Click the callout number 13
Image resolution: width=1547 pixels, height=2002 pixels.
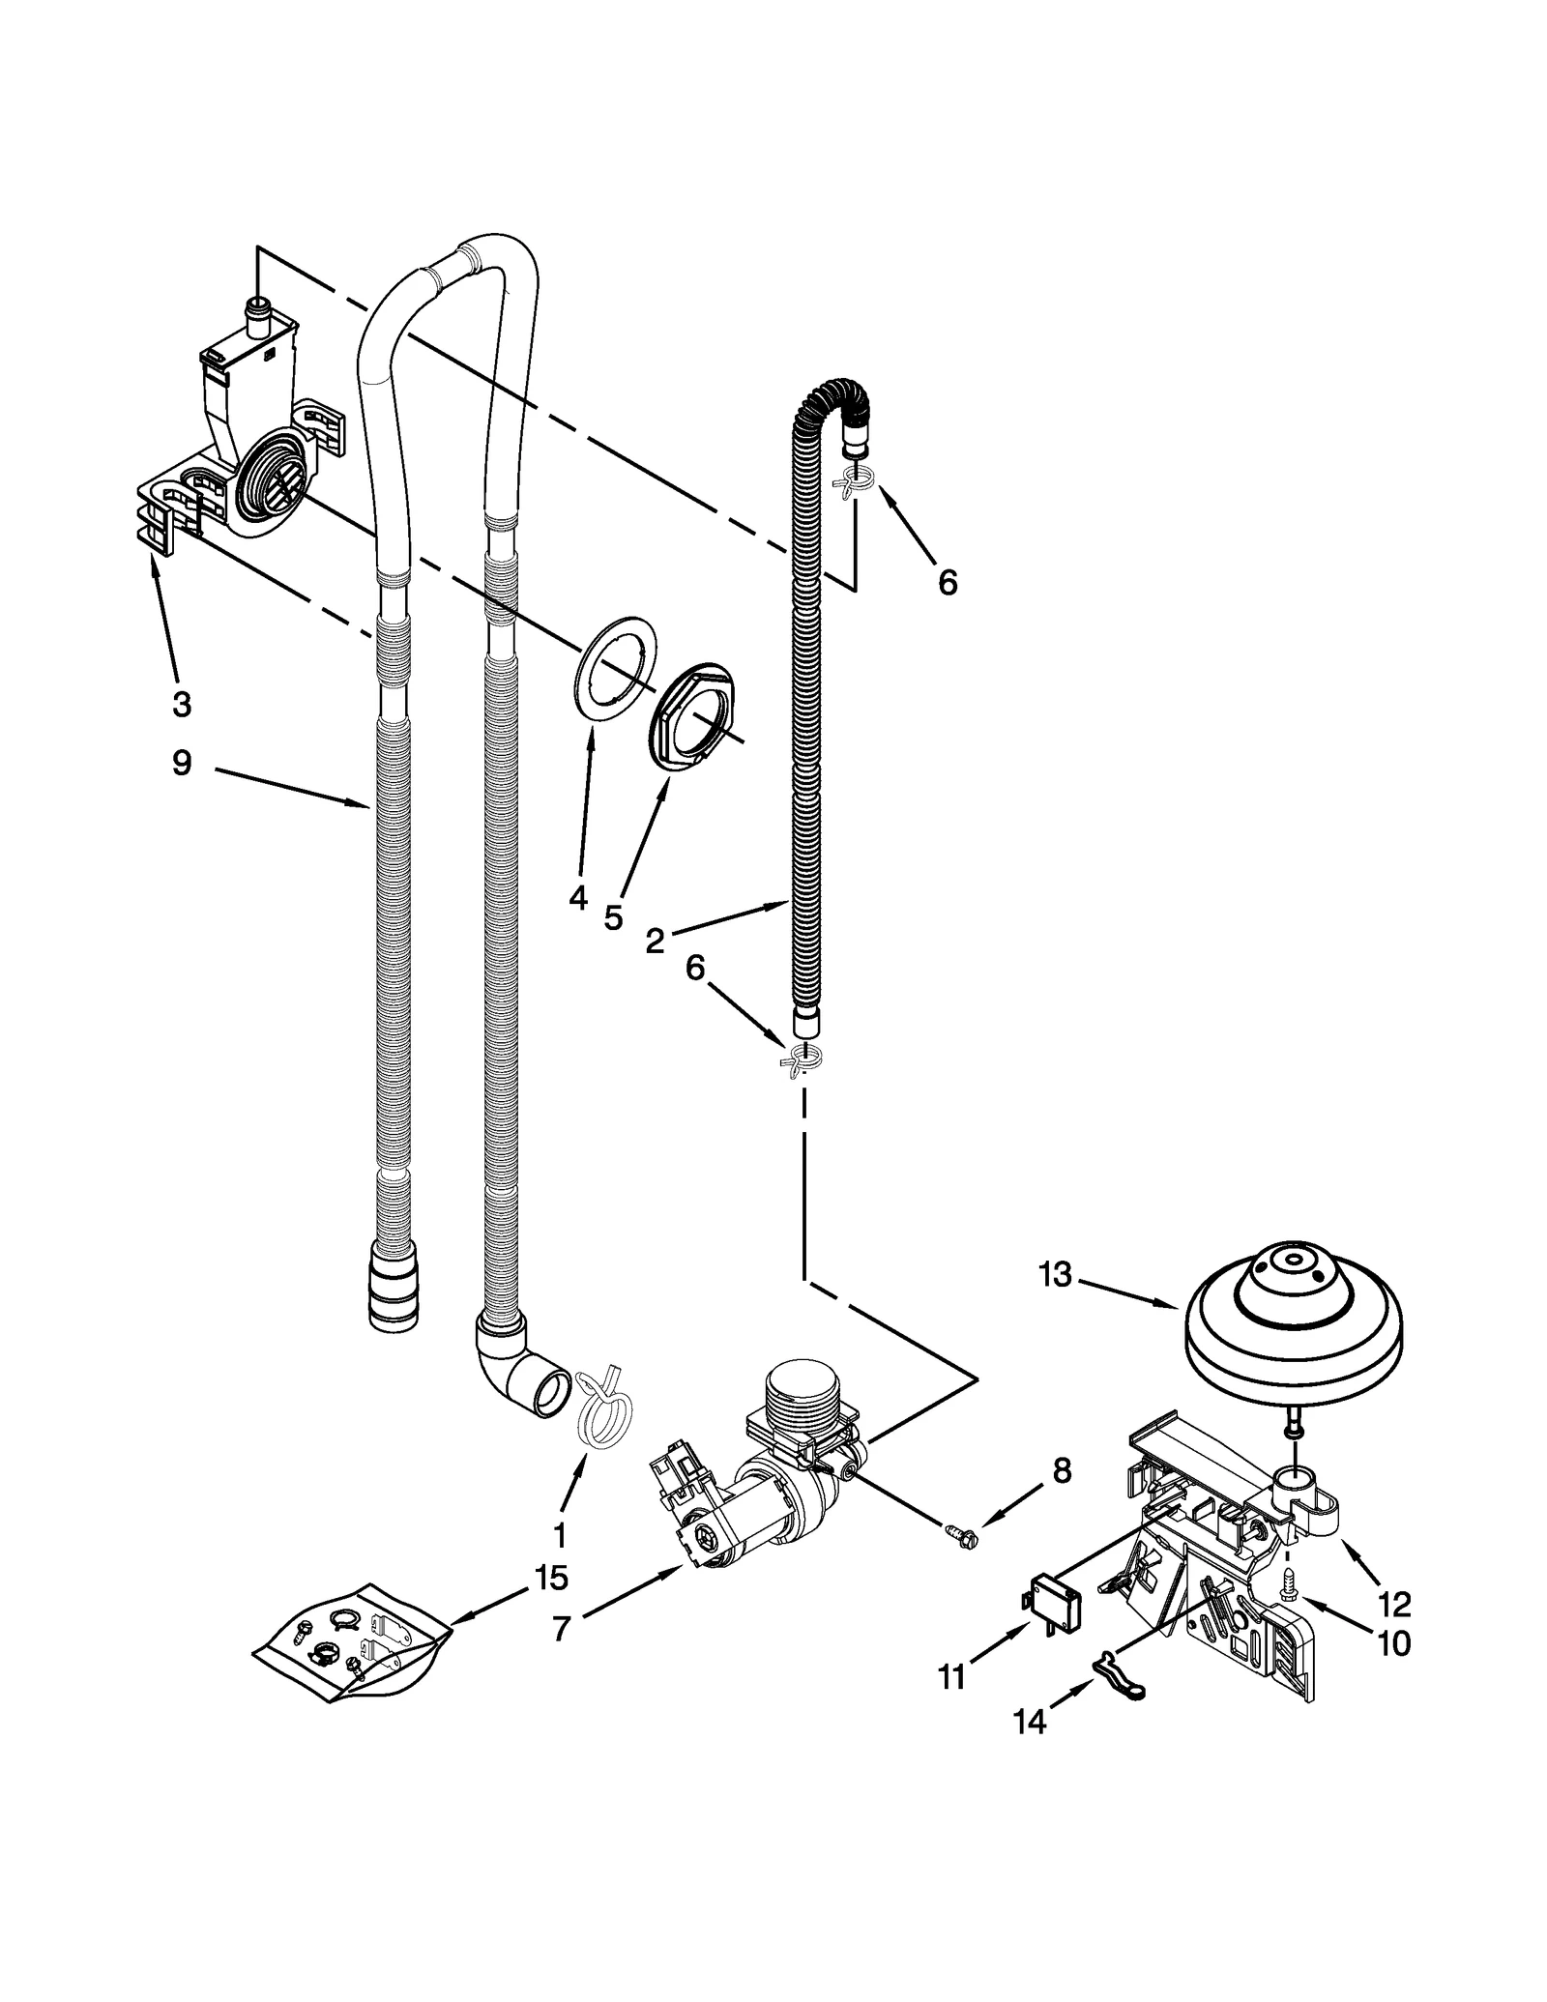[x=1055, y=1275]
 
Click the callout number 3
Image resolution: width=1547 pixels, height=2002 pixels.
[x=182, y=705]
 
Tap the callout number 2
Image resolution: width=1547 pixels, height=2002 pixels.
[x=655, y=941]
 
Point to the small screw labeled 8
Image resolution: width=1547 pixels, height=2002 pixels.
[x=961, y=1533]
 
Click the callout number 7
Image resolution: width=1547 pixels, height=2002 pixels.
[x=561, y=1629]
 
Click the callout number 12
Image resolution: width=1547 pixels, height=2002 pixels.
[x=1396, y=1604]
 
